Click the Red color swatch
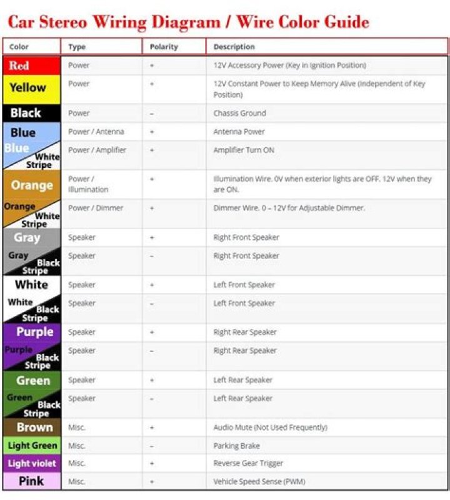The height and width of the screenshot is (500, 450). (x=31, y=65)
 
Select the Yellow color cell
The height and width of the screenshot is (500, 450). (x=31, y=89)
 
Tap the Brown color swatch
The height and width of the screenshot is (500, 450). (x=31, y=428)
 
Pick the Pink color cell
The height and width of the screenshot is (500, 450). (x=31, y=481)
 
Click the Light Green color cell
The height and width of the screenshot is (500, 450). (x=31, y=446)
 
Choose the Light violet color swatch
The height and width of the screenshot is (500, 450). (x=31, y=464)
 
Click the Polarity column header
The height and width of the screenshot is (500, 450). (x=164, y=47)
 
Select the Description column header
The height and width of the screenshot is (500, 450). (x=234, y=47)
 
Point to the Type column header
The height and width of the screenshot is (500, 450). (x=77, y=47)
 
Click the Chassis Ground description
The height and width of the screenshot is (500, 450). (x=239, y=113)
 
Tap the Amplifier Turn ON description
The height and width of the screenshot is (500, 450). (x=244, y=150)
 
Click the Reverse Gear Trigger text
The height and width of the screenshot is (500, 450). (x=248, y=463)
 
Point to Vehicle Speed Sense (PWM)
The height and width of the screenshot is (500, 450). (x=259, y=481)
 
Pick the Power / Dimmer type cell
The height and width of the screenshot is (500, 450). (x=96, y=208)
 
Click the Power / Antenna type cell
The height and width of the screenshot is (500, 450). (x=96, y=132)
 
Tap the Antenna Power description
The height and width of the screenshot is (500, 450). (x=239, y=132)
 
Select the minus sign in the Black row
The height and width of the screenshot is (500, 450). (x=152, y=114)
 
